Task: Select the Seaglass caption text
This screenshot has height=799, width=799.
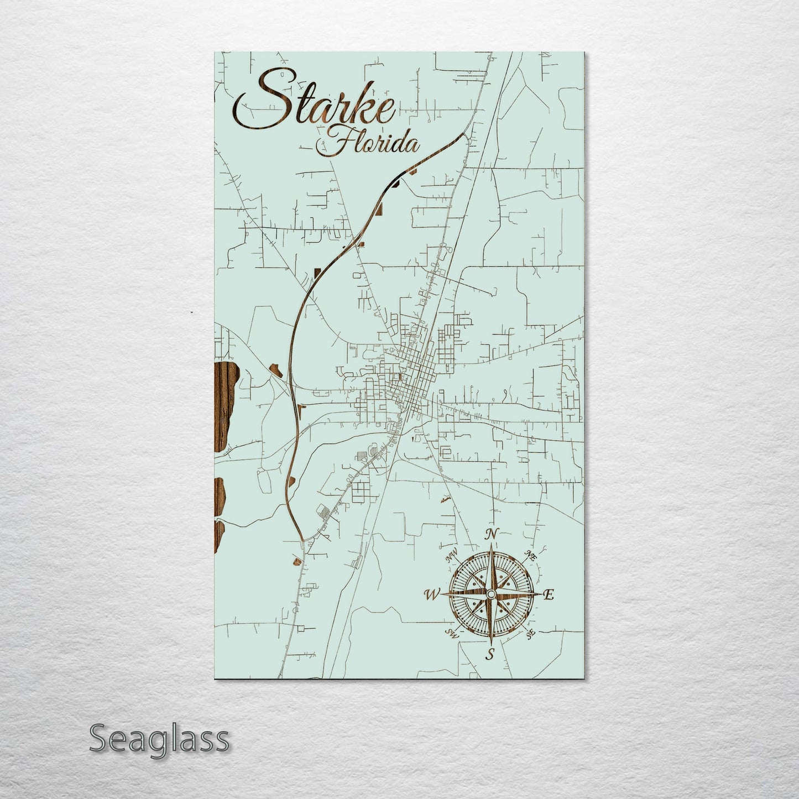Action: (159, 739)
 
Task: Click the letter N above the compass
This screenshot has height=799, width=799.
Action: (490, 534)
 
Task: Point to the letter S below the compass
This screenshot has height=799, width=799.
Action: (489, 655)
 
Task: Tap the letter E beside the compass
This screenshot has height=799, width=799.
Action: (549, 595)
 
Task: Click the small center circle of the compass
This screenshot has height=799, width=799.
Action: (490, 594)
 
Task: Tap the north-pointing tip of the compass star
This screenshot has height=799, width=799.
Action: (490, 545)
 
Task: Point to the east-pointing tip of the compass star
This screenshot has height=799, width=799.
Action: (541, 594)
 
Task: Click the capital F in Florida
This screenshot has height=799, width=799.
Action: (337, 143)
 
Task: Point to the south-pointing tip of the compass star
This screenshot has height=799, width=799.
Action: (490, 644)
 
